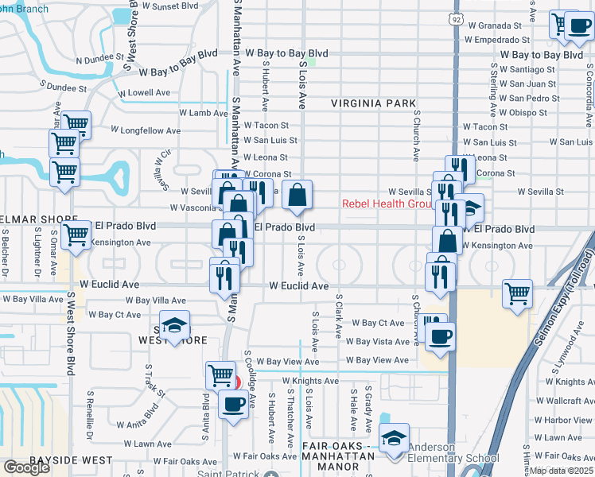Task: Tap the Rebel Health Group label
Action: [387, 204]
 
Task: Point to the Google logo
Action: [26, 467]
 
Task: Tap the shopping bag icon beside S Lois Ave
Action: [297, 195]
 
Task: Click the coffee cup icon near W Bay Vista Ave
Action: [439, 335]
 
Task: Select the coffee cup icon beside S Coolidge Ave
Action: [233, 403]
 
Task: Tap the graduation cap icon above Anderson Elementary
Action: [394, 438]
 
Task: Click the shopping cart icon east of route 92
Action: [518, 294]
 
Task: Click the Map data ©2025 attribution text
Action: [562, 470]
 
